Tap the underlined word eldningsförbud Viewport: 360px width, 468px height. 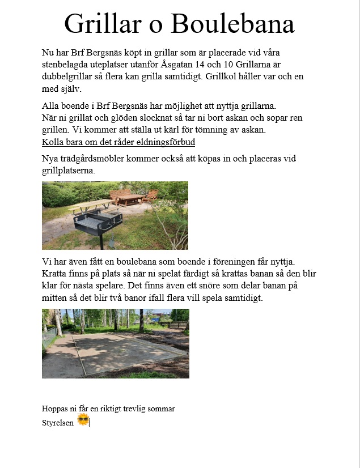(x=164, y=142)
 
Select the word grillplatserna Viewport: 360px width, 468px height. (x=67, y=170)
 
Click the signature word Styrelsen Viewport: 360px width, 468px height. (x=58, y=423)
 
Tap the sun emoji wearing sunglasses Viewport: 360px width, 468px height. (x=83, y=420)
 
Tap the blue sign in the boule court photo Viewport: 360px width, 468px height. (x=155, y=320)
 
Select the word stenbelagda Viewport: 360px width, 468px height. (x=66, y=65)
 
